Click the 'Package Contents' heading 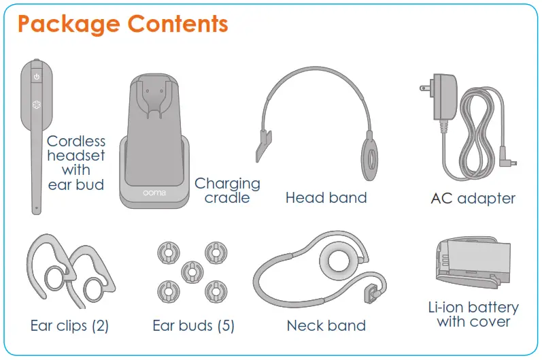pos(122,24)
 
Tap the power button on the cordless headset pos(37,77)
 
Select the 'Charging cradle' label pos(227,191)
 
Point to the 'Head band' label pos(326,198)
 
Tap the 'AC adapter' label pos(473,199)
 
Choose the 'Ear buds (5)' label pos(193,325)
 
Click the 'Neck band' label pos(326,325)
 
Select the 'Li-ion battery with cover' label pos(473,314)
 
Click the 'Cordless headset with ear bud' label pos(76,163)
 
